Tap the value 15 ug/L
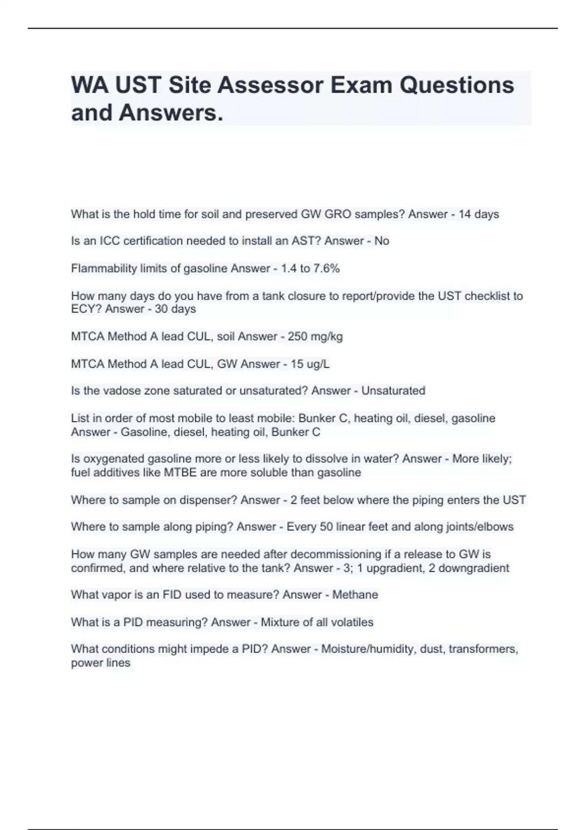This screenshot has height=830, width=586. click(310, 364)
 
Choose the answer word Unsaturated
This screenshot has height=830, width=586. click(393, 391)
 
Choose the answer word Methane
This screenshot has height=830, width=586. click(355, 595)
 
